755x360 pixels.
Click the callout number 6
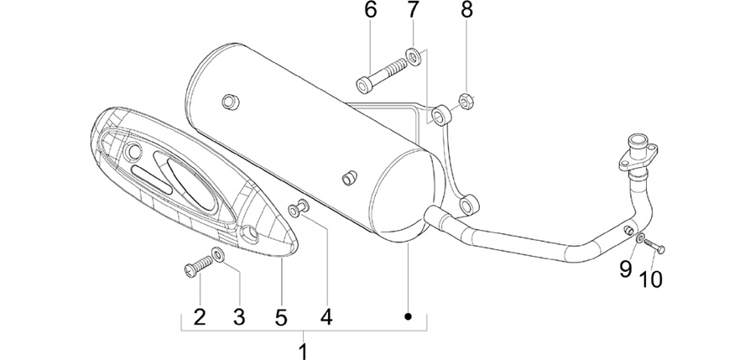[370, 10]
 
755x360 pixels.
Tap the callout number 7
[413, 10]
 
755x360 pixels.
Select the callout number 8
[467, 10]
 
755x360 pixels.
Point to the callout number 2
[200, 317]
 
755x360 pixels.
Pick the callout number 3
[239, 317]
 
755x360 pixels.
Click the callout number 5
[281, 317]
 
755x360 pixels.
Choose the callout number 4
[326, 317]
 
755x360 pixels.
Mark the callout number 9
[625, 269]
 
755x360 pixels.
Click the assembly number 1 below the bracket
[304, 351]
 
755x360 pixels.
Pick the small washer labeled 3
[218, 253]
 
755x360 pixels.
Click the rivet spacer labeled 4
[299, 208]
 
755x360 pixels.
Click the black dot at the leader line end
[408, 316]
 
